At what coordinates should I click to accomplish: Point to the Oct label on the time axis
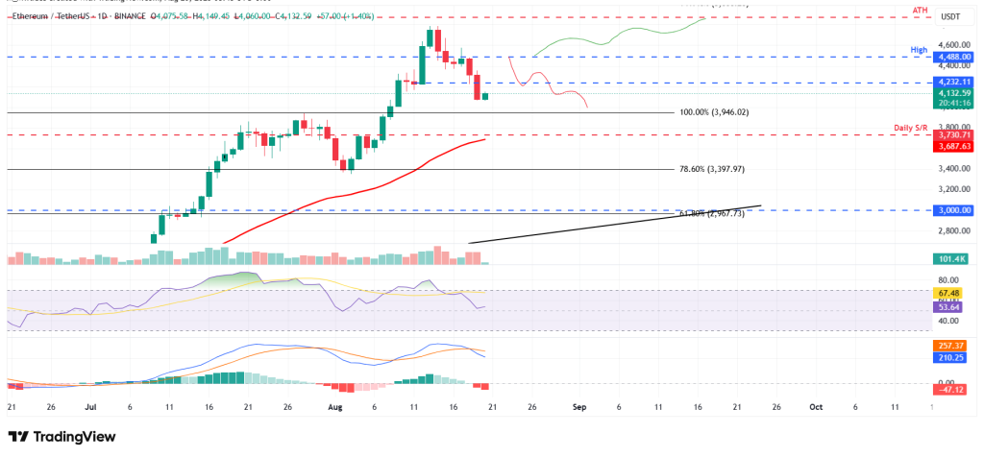(x=815, y=406)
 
